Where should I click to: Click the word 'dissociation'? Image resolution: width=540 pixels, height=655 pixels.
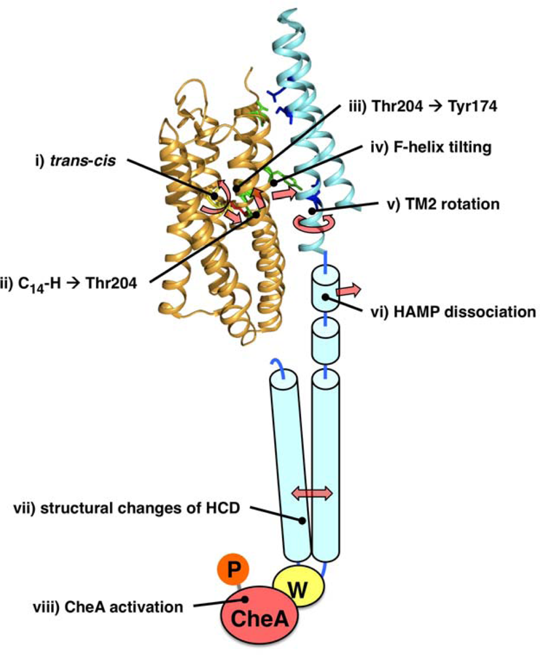point(494,312)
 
